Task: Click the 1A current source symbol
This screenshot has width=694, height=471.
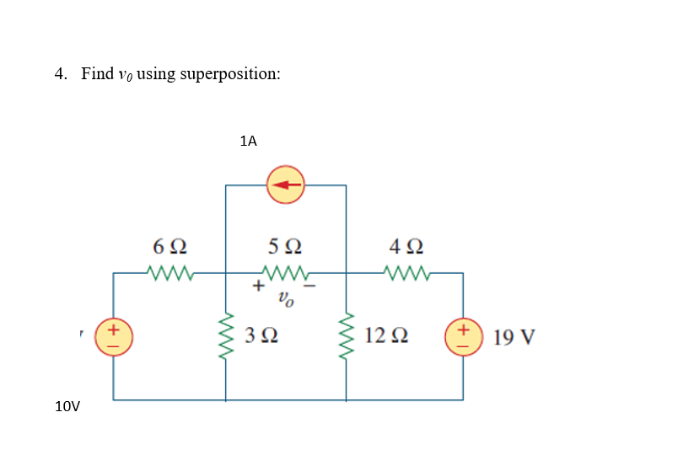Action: pyautogui.click(x=286, y=185)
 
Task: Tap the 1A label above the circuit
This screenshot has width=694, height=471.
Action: pyautogui.click(x=248, y=142)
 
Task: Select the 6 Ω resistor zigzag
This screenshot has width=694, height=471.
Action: pyautogui.click(x=171, y=272)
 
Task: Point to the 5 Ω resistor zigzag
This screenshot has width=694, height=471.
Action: pyautogui.click(x=287, y=272)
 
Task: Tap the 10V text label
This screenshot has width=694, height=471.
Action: pyautogui.click(x=67, y=407)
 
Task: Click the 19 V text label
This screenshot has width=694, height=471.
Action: pyautogui.click(x=514, y=338)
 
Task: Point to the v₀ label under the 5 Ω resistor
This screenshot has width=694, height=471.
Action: pyautogui.click(x=287, y=297)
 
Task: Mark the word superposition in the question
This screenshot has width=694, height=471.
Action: pyautogui.click(x=231, y=74)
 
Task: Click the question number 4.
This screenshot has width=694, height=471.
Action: pyautogui.click(x=60, y=73)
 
